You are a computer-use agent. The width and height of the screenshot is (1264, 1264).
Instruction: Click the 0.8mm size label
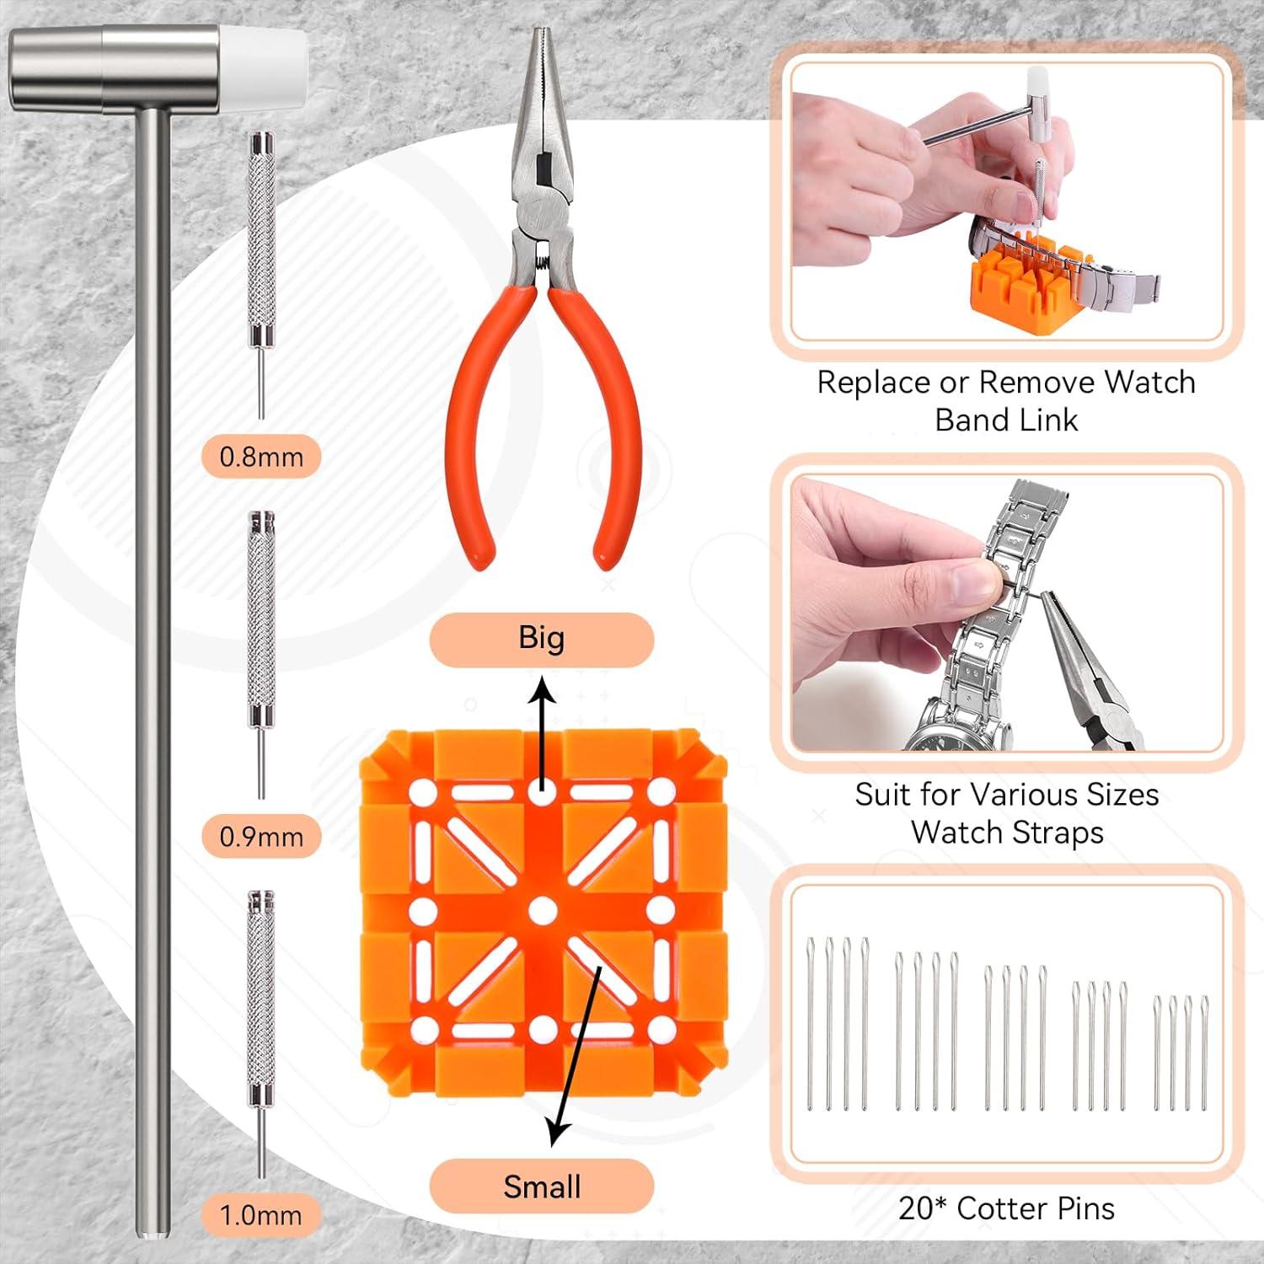coord(261,457)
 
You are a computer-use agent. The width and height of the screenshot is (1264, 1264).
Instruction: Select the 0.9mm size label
coord(261,836)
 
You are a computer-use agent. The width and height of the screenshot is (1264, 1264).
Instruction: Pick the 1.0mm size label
coord(261,1214)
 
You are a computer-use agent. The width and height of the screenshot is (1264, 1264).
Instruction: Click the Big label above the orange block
coord(541,638)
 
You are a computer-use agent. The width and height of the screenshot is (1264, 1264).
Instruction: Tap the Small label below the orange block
coord(541,1186)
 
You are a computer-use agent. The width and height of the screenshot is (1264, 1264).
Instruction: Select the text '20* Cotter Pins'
coord(1006,1208)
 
